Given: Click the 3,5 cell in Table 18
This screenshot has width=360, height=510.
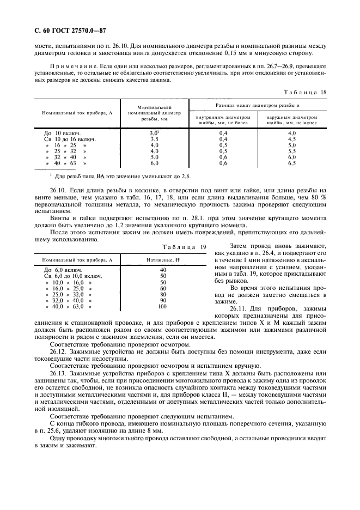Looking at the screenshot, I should [x=154, y=139].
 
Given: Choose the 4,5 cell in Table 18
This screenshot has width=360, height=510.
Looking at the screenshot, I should [x=292, y=139].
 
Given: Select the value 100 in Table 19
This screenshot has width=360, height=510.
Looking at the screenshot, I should [x=162, y=307].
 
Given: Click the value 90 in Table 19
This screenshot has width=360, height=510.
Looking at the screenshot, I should [x=162, y=300].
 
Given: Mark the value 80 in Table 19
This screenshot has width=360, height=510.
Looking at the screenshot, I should [x=162, y=294].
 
